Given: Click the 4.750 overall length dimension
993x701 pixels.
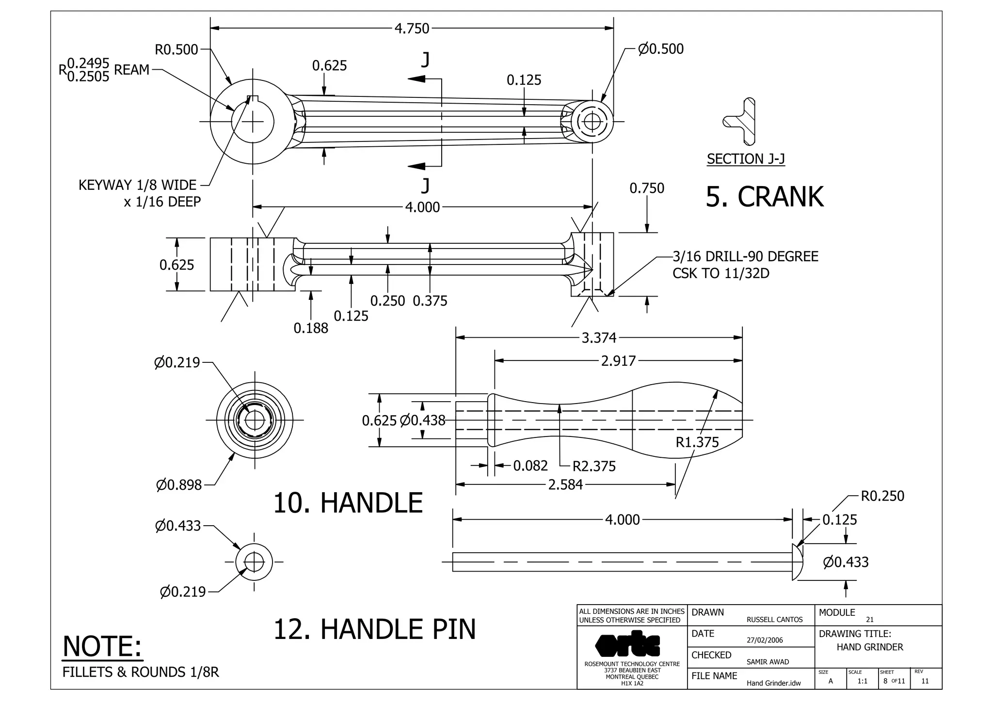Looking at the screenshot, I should [x=412, y=29].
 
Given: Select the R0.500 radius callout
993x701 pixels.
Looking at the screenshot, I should [x=176, y=50].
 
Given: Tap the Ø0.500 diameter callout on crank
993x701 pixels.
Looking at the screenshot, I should [x=660, y=49].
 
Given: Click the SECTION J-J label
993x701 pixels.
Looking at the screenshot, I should [x=746, y=159].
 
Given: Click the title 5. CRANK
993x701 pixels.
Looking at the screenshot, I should [x=765, y=197].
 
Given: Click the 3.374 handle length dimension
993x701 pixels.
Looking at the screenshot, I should [x=599, y=338].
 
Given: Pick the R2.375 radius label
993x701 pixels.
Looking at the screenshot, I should [x=594, y=467].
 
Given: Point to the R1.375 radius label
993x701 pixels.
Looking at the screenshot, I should [x=697, y=442].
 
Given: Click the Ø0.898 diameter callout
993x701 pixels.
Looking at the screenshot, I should [x=179, y=485].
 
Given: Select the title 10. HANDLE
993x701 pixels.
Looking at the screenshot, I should [x=348, y=503].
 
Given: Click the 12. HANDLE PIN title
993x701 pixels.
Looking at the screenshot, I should [x=375, y=629].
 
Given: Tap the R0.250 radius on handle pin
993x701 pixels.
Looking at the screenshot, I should [x=882, y=496].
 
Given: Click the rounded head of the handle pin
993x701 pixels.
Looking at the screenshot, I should [x=797, y=562].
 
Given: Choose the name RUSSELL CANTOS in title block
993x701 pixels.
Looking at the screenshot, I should [x=774, y=620].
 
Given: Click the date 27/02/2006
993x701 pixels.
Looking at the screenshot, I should [x=765, y=640].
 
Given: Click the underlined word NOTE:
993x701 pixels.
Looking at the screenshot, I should [x=102, y=647].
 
